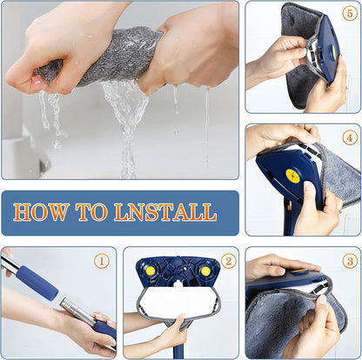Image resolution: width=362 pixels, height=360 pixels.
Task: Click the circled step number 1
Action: coord(102,259)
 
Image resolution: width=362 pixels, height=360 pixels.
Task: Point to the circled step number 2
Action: coord(227,260)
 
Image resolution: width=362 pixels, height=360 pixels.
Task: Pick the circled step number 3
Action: coord(349,260)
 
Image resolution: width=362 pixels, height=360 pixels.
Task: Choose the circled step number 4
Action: coord(348,137)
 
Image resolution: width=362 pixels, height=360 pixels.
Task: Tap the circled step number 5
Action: coord(348,15)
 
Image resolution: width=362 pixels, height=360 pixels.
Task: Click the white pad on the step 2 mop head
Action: coord(178,302)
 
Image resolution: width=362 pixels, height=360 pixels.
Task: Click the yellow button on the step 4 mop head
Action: coord(292,177)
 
